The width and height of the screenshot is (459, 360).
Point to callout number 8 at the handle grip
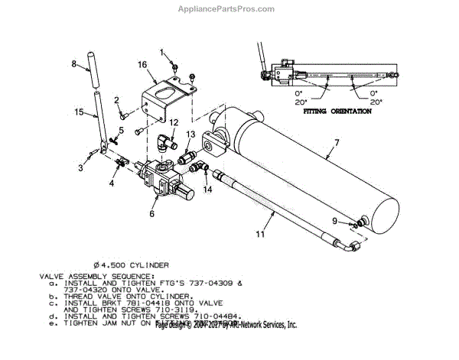pos(73,62)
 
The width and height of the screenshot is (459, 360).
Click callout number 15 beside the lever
pos(78,113)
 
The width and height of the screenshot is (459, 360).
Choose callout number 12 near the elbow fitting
pos(174,122)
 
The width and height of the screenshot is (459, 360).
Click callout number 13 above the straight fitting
pos(190,135)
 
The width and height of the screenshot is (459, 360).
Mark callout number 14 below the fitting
pos(207,188)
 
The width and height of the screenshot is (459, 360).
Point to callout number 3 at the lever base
pos(79,167)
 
